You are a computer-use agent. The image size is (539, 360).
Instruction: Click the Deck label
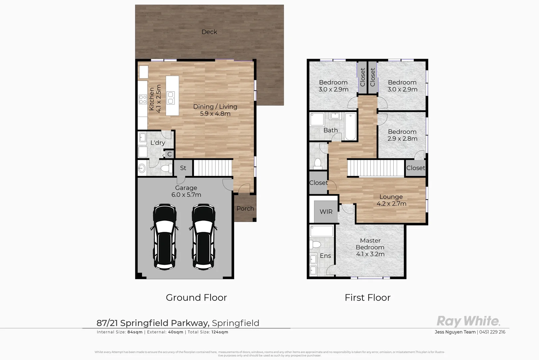[209, 32]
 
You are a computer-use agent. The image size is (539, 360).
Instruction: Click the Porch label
[245, 209]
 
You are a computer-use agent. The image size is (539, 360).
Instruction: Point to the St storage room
[183, 168]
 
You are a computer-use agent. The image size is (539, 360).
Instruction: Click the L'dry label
[158, 143]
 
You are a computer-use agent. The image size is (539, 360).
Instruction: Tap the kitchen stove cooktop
[143, 99]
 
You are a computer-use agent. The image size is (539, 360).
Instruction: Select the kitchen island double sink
[171, 97]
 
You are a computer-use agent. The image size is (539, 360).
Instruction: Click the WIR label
[326, 212]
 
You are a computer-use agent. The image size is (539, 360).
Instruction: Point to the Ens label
[325, 256]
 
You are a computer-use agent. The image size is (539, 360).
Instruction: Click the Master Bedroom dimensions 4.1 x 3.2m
[370, 254]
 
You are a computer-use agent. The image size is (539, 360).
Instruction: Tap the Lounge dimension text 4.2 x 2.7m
[391, 204]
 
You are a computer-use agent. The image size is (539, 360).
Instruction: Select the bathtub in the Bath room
[350, 127]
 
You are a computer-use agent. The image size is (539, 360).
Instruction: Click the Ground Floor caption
[196, 297]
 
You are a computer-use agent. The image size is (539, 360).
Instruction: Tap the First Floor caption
[367, 297]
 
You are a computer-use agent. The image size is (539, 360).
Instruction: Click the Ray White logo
[468, 321]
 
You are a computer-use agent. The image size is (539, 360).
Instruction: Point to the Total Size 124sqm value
[220, 332]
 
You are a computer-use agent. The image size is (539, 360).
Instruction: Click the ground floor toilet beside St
[166, 169]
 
